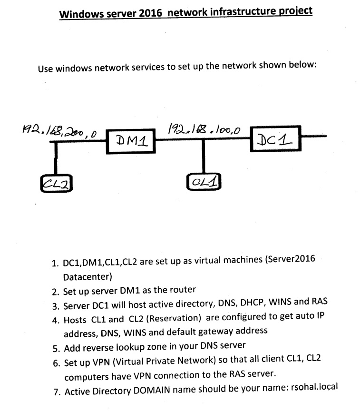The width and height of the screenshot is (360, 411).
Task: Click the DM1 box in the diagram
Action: (130, 140)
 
